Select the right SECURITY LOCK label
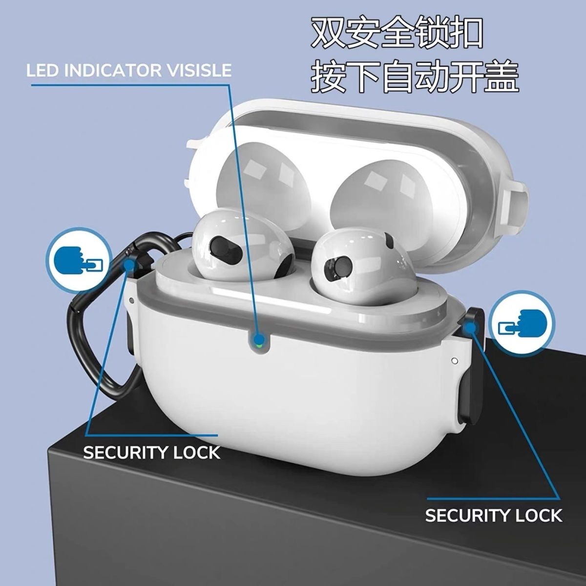coord(494,516)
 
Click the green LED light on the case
coord(258,346)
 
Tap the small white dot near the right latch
coord(455,361)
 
